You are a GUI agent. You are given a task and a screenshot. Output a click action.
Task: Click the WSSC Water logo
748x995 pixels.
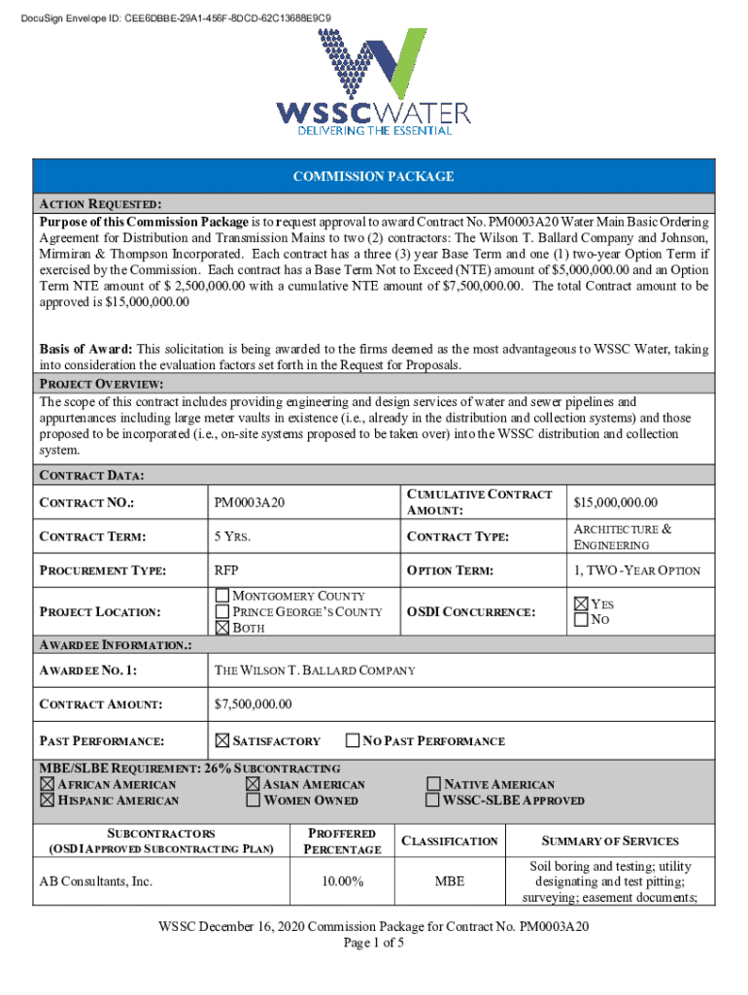374,82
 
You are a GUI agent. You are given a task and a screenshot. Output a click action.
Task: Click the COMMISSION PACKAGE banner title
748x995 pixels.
374,176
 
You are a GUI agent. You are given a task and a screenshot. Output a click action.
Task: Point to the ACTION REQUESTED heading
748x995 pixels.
100,204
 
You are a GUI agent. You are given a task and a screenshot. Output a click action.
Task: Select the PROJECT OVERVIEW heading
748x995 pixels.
101,385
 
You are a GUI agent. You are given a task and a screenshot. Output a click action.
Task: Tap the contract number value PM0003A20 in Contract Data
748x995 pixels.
250,502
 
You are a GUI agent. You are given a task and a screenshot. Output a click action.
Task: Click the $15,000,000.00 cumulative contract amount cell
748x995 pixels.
616,502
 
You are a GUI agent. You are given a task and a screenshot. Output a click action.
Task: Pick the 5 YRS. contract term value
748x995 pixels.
232,536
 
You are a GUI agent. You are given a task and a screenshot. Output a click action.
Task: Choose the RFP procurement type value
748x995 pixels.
226,570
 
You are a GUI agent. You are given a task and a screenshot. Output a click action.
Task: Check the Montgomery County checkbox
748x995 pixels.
221,596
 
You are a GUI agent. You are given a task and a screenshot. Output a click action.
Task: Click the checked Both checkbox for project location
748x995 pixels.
221,628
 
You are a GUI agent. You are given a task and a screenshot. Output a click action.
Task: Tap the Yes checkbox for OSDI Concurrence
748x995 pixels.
581,603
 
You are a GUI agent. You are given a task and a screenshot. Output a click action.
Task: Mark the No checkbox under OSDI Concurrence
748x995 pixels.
581,619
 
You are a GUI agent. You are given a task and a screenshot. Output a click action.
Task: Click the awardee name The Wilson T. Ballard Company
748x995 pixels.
315,670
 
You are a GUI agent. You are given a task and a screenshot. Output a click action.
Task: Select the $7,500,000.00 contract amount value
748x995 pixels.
253,704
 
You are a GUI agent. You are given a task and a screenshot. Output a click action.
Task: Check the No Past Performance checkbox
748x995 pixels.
353,740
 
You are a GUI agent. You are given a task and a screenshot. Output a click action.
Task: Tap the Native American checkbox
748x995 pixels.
433,784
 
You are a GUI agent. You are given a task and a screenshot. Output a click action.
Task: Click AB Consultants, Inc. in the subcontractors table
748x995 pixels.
96,881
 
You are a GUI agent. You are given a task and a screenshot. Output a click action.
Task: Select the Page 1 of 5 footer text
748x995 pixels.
374,943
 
